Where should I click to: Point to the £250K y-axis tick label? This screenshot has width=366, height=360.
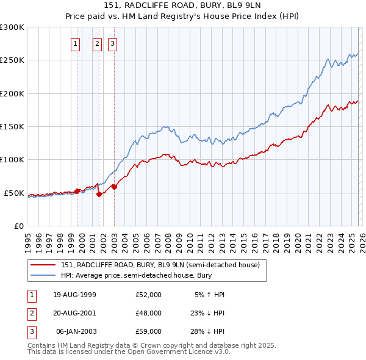12,60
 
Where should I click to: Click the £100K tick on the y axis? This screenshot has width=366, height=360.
12,159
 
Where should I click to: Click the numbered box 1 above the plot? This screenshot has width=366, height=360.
75,43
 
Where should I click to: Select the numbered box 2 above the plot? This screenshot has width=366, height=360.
97,43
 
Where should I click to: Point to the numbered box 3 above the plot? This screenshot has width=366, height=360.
113,43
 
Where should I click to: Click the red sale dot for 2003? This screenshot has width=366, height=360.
114,187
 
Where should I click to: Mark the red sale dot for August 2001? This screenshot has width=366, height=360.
99,194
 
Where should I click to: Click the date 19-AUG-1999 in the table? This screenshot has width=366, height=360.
74,295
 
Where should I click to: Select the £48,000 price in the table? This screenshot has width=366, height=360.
149,313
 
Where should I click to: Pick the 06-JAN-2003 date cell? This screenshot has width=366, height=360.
76,331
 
